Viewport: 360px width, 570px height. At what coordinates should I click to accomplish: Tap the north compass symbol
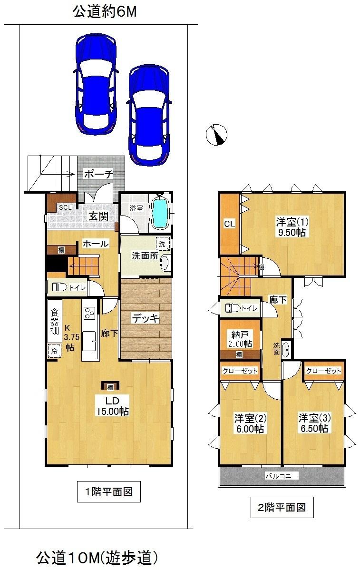coord(217,134)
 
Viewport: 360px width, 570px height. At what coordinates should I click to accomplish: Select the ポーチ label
coord(99,174)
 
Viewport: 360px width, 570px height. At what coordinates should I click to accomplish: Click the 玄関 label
coord(98,216)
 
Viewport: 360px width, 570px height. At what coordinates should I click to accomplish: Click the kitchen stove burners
coord(89,313)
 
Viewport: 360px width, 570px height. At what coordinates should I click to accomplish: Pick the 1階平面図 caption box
coord(109,492)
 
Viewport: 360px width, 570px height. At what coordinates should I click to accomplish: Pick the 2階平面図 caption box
coord(282,507)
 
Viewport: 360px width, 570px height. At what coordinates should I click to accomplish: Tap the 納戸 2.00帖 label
coord(239,338)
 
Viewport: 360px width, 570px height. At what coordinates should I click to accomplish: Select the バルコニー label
coord(282,475)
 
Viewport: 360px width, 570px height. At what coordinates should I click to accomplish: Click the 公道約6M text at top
coord(105,12)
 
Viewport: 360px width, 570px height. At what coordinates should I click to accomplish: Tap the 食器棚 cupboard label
coord(54,324)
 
